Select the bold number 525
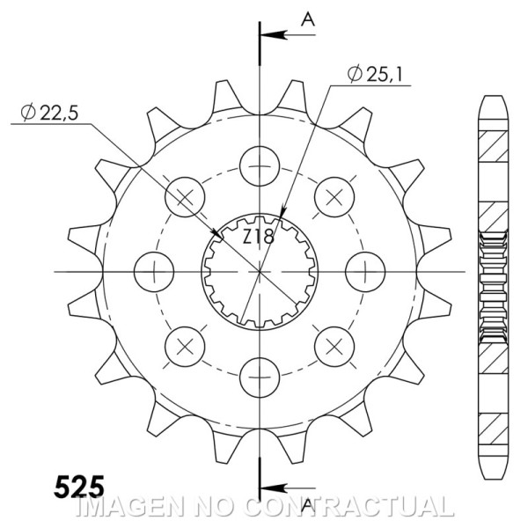pyautogui.click(x=79, y=486)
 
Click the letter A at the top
pyautogui.click(x=308, y=18)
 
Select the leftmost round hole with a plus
pyautogui.click(x=154, y=269)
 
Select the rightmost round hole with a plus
pyautogui.click(x=366, y=269)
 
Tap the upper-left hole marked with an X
pyautogui.click(x=185, y=194)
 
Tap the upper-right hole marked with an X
pyautogui.click(x=335, y=194)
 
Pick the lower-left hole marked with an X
pyautogui.click(x=185, y=344)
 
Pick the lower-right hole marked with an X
pyautogui.click(x=335, y=344)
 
